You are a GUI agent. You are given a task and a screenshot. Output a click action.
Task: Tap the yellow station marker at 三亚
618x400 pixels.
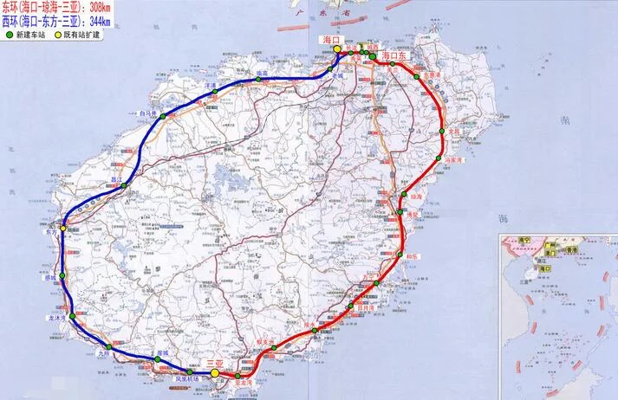point(214,374)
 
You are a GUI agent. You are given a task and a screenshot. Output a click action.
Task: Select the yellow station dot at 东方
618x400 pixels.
point(63,229)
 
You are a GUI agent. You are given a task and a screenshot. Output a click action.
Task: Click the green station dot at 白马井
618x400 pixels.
point(162,116)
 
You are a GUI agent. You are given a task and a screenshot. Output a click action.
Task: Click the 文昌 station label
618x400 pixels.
point(452,132)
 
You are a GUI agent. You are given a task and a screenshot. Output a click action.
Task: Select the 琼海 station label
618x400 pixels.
point(416,197)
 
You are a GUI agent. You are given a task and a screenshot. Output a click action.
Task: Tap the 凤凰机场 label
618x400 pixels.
point(189,379)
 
